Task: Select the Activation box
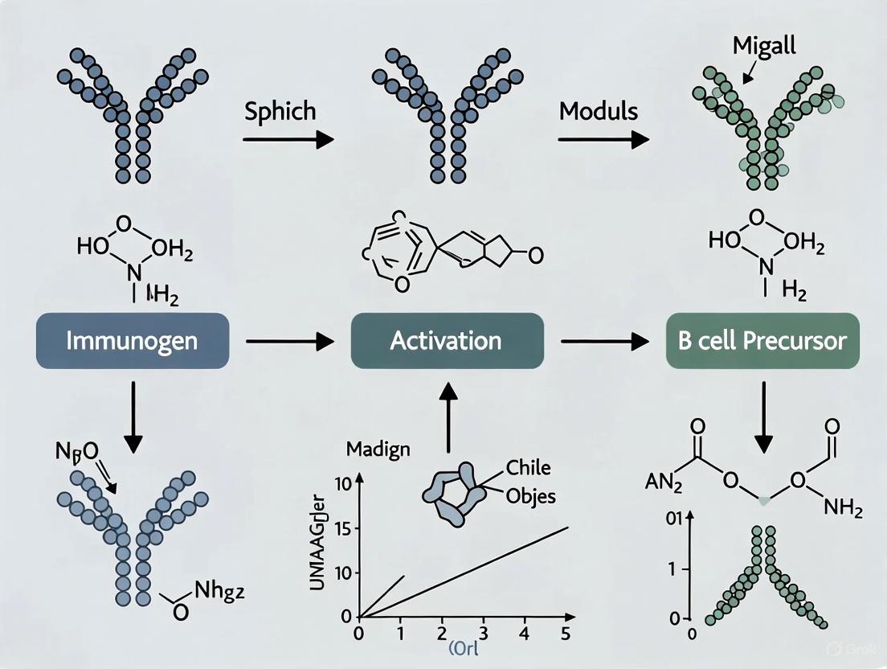point(446,341)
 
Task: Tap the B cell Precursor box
point(762,341)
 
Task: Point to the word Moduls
point(599,110)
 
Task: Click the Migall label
point(764,46)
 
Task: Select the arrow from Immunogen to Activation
point(289,343)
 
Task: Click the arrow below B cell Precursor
point(762,415)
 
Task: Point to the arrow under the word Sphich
point(288,140)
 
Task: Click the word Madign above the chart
point(378,449)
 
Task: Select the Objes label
point(531,496)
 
